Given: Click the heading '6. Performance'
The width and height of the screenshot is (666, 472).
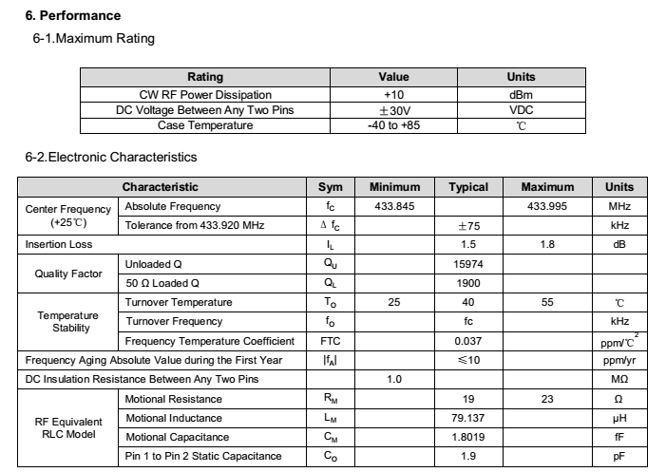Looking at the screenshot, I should point(72,16).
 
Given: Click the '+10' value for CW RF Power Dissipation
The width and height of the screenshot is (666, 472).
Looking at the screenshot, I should point(393,95).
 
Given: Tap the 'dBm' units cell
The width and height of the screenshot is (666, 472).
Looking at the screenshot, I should point(522,95).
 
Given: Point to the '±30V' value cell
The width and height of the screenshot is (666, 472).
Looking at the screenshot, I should point(393,110).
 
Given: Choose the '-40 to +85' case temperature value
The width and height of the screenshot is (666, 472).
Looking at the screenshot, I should point(393,125).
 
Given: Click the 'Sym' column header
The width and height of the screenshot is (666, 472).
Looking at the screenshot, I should point(330,187).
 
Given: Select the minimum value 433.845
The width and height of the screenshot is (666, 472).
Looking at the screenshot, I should point(394,206).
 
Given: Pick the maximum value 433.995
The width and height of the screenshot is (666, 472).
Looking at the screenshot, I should point(548,206).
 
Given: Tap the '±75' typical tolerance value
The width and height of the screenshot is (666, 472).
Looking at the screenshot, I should point(467,225).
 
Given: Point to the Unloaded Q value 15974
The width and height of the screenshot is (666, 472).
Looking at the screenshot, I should point(467,264).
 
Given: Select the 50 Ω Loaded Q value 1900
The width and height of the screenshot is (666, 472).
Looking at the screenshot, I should point(467,283).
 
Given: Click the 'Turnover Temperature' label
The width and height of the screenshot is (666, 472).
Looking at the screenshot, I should point(178,302).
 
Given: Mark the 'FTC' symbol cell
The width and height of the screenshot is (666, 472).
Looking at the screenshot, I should point(330,341).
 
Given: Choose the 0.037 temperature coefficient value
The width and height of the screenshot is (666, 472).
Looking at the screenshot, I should point(467,341).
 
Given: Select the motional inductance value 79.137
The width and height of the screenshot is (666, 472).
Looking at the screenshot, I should point(467,418).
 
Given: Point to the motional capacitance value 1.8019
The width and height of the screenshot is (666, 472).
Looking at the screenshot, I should point(467,437).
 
